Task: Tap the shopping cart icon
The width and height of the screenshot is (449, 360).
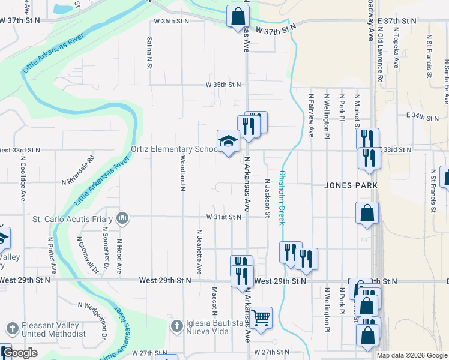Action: click(x=261, y=317)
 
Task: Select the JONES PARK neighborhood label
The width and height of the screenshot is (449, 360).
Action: click(x=351, y=185)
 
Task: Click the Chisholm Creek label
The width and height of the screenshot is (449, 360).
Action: click(x=282, y=199)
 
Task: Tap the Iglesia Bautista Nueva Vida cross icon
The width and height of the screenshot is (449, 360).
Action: click(x=176, y=326)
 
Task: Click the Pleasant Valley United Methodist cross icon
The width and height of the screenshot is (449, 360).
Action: click(x=12, y=329)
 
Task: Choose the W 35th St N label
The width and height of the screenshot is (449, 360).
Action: click(x=223, y=85)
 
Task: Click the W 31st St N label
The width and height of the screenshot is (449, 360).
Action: click(x=223, y=217)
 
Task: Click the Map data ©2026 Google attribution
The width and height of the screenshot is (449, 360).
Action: click(x=411, y=355)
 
